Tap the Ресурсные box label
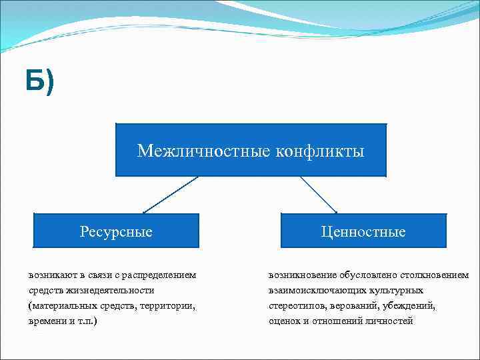pyautogui.click(x=116, y=232)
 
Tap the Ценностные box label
pyautogui.click(x=363, y=232)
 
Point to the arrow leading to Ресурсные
pyautogui.click(x=171, y=195)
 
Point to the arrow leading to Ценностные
pyautogui.click(x=319, y=195)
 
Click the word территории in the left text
pyautogui.click(x=169, y=305)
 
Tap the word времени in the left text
pyautogui.click(x=47, y=321)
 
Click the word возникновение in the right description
pyautogui.click(x=302, y=275)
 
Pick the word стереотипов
pyautogui.click(x=297, y=305)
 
